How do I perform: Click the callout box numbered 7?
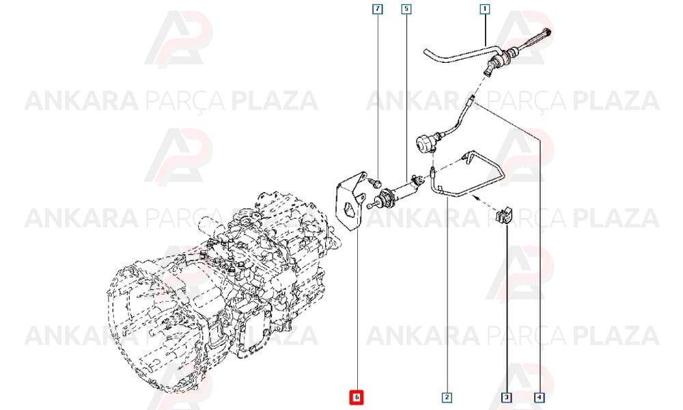[377, 9]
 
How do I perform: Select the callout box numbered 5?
[406, 9]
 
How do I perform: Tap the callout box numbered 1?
[484, 9]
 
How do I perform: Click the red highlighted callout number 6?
[357, 398]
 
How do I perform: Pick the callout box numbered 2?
[447, 398]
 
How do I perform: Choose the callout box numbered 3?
[506, 398]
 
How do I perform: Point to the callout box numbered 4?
[540, 398]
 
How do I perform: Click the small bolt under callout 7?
[376, 183]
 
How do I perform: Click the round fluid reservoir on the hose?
[426, 144]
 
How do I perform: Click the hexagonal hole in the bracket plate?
[348, 210]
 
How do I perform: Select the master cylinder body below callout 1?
[501, 59]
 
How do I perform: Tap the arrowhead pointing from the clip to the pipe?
[476, 198]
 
